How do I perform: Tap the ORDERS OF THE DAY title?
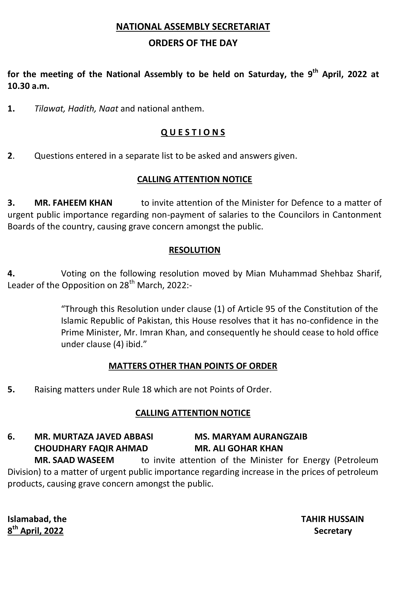[193, 43]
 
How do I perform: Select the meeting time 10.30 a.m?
[28, 86]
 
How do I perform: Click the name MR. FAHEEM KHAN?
[73, 203]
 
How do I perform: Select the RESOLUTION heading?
[194, 250]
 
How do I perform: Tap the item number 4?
[11, 273]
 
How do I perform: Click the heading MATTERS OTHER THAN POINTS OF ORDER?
[193, 366]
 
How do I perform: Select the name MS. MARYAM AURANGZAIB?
[251, 437]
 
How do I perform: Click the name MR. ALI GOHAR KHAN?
[239, 448]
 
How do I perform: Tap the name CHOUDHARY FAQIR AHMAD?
[91, 448]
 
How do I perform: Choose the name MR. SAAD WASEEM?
[74, 460]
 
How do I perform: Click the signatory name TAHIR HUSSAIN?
[332, 519]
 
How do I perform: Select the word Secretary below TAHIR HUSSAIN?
[333, 531]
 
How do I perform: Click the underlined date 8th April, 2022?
[35, 531]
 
